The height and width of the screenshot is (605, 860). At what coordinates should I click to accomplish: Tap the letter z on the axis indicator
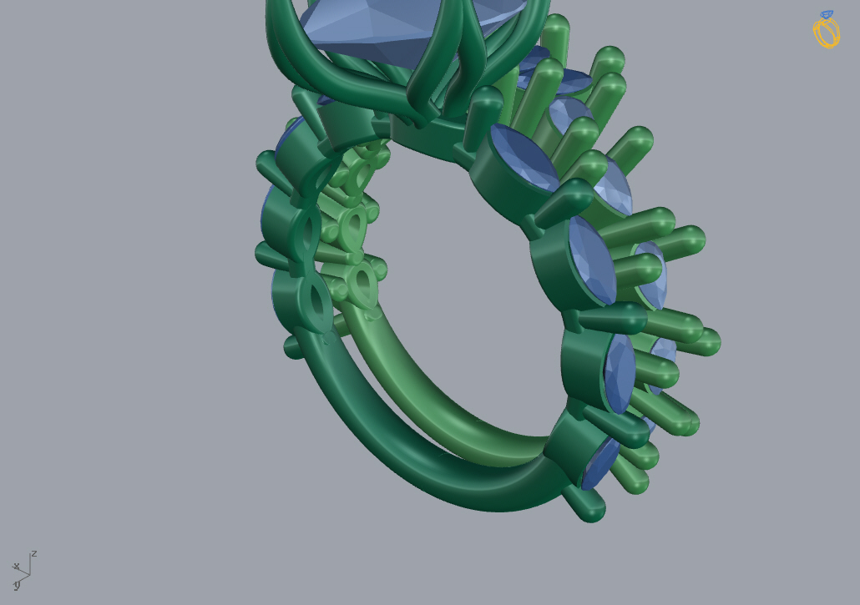34,553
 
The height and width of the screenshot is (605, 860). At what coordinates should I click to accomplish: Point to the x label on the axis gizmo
17,566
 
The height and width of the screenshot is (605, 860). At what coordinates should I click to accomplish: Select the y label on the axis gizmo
17,585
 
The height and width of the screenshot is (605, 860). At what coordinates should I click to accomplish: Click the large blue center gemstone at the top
406,28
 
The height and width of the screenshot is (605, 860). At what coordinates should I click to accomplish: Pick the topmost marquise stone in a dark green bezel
524,157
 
